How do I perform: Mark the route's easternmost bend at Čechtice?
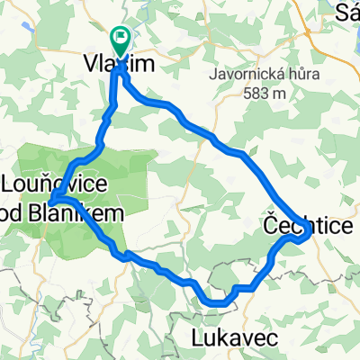pyautogui.click(x=310, y=232)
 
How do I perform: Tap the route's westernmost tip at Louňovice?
pyautogui.click(x=50, y=200)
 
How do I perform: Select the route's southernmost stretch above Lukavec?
pyautogui.click(x=219, y=303)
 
